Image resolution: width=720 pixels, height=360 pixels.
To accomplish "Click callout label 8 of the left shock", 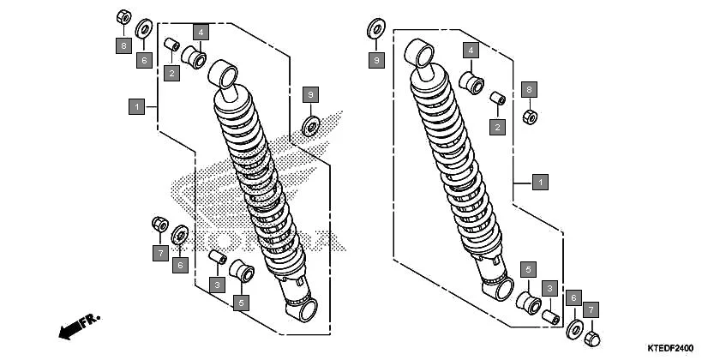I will (123, 45).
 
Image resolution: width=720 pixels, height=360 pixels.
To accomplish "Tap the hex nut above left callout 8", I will (123, 18).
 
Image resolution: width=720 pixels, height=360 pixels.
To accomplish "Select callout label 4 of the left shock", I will (201, 33).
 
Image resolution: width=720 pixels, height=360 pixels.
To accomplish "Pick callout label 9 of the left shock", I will (311, 93).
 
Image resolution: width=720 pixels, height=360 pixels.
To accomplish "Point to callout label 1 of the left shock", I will (135, 107).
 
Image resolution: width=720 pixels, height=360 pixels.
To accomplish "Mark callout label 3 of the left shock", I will (218, 284).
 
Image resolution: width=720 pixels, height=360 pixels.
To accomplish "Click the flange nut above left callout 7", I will (159, 224).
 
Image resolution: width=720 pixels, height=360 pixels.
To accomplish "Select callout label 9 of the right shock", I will (375, 60).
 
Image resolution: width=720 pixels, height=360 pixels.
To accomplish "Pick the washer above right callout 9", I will (375, 28).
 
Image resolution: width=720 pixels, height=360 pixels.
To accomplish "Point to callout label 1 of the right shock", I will (539, 182).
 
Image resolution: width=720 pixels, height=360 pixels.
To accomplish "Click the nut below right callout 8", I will (530, 116).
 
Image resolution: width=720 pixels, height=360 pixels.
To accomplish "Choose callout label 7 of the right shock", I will (591, 309).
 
